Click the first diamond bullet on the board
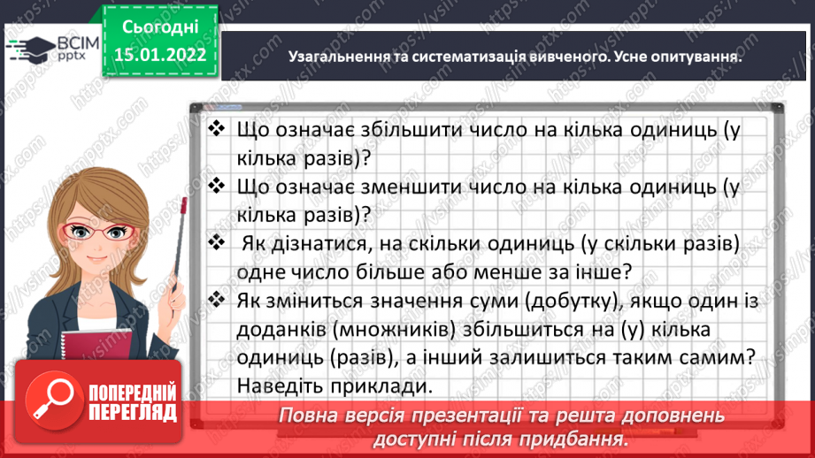216,129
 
